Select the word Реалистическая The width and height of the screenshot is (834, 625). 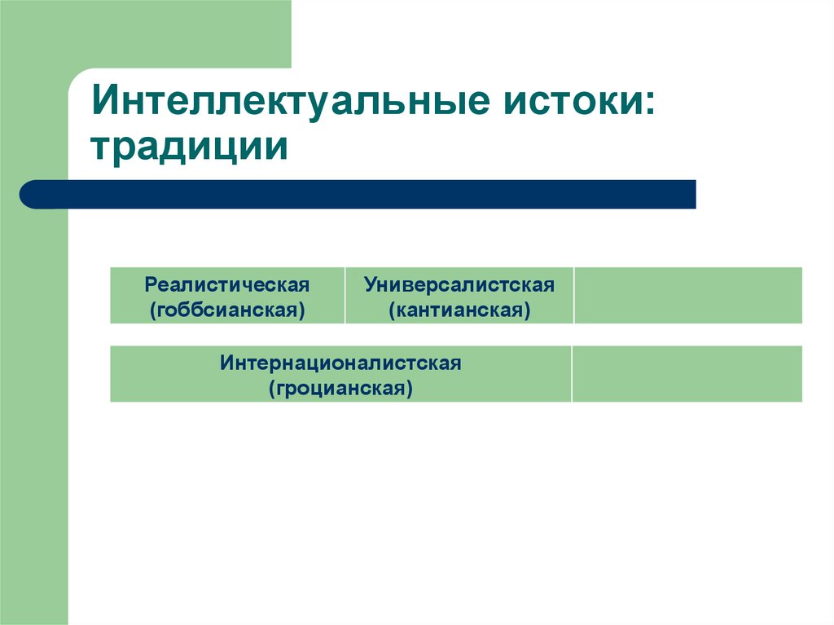tap(227, 285)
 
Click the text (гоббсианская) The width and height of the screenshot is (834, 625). tap(227, 310)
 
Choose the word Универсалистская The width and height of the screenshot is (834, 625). tap(459, 285)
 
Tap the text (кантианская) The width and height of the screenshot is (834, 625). tap(459, 310)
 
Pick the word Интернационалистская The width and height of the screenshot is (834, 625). tap(340, 363)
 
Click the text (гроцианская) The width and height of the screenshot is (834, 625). tap(340, 388)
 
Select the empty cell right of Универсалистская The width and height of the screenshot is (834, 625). tap(687, 295)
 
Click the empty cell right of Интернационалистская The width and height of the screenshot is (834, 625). tap(687, 373)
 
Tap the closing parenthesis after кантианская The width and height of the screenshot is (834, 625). tap(528, 310)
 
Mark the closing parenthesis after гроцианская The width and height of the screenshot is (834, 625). tap(410, 389)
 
